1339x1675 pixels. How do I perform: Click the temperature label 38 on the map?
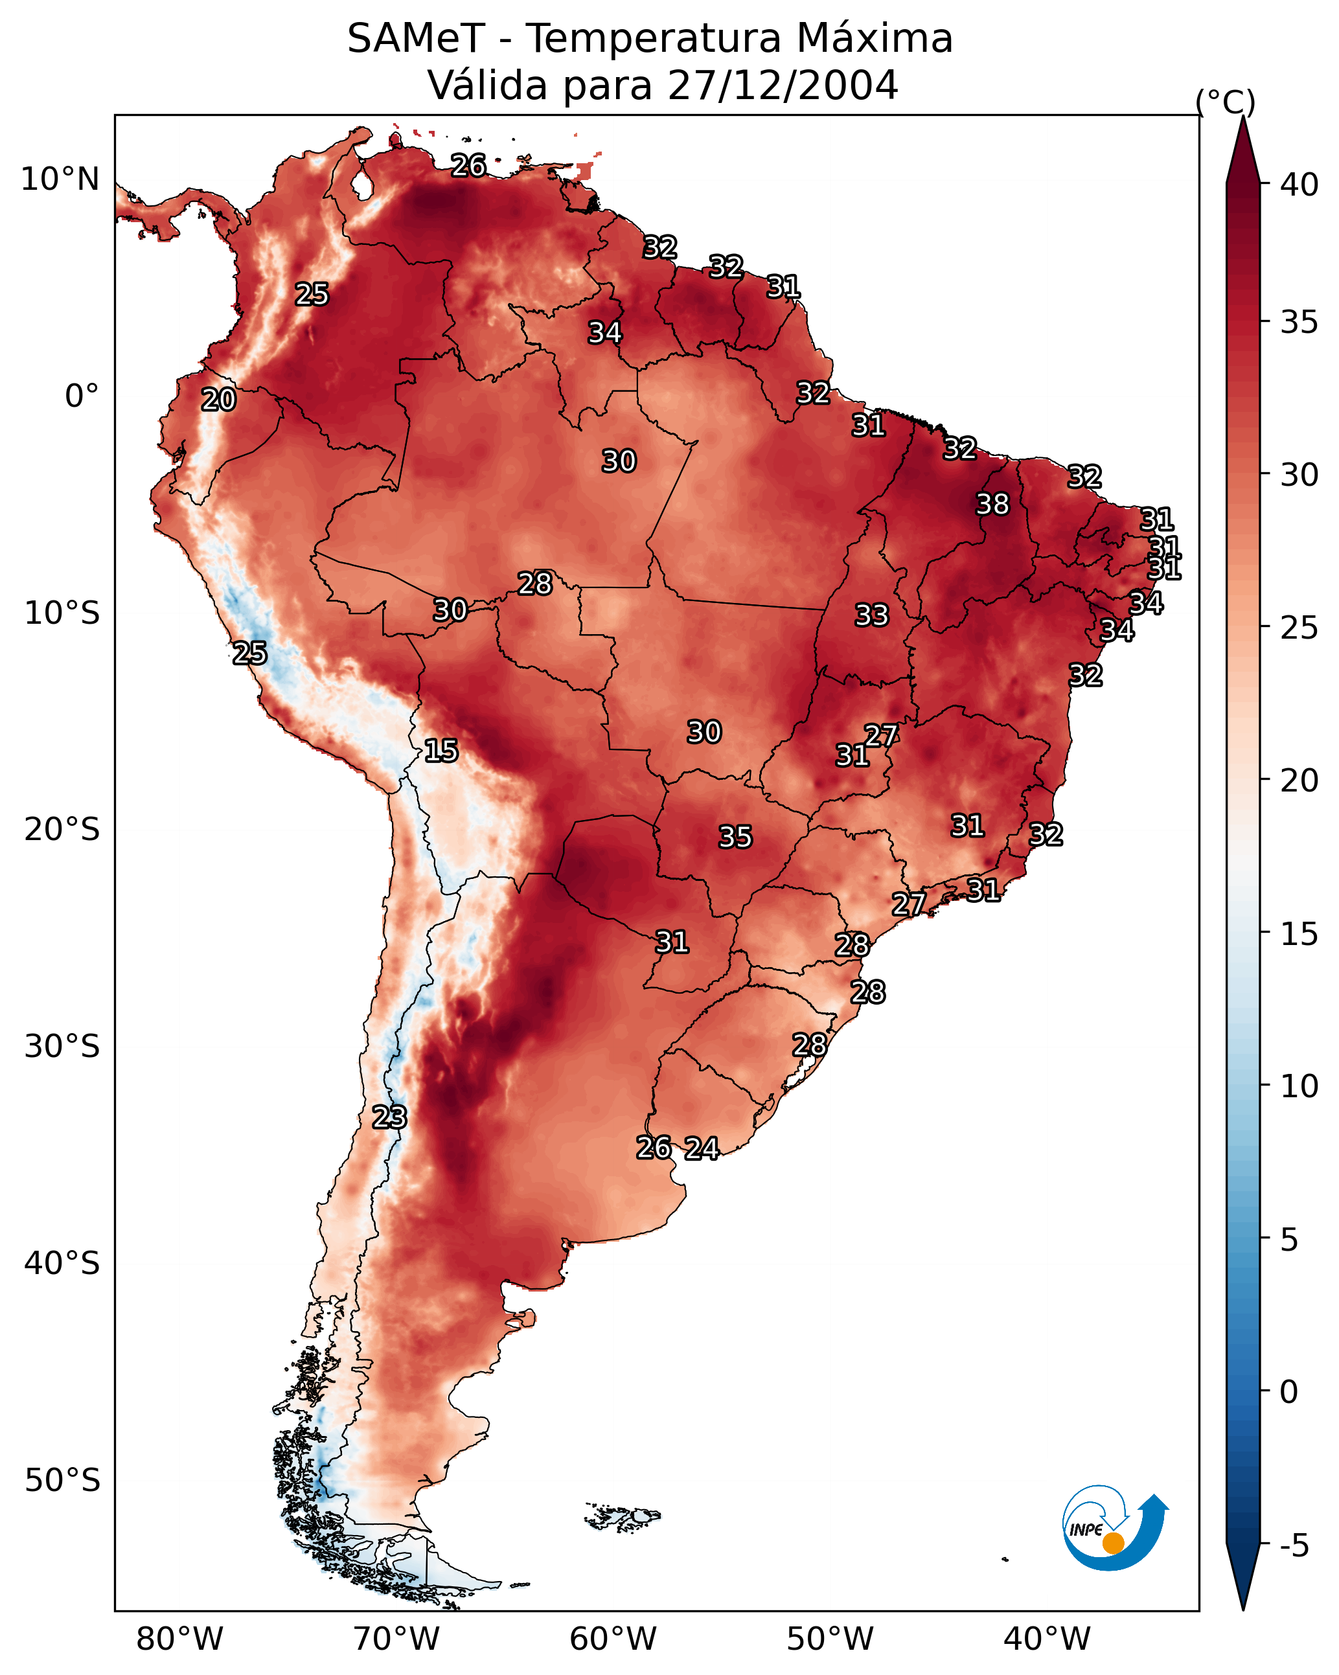[992, 504]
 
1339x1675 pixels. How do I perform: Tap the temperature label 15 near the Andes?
[441, 751]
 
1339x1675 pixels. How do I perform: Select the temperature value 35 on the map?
[735, 837]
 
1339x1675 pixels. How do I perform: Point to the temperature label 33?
[871, 615]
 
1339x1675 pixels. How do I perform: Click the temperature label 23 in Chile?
[389, 1117]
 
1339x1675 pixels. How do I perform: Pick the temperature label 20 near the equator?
[218, 400]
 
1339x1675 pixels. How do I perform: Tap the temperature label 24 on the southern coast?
[702, 1148]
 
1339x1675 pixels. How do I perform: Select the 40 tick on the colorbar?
[1299, 185]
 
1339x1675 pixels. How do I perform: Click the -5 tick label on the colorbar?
[1293, 1546]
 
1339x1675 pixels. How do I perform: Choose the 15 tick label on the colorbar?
[1299, 934]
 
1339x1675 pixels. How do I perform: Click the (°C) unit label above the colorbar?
[1225, 102]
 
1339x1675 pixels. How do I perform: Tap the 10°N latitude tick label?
[60, 179]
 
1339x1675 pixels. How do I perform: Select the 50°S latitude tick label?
[62, 1481]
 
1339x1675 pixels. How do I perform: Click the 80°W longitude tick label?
[179, 1639]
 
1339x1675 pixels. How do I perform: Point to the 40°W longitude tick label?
[1047, 1639]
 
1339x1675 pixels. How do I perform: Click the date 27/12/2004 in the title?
[783, 85]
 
